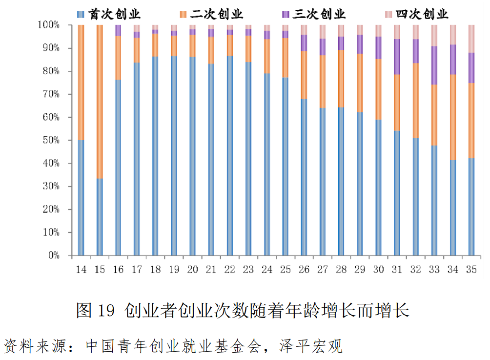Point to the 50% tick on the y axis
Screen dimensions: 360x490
click(51, 141)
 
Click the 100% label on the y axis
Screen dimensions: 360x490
click(49, 25)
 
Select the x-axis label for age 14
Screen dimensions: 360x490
click(81, 269)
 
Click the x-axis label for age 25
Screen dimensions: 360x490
click(286, 269)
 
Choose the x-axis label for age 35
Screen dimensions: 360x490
click(471, 269)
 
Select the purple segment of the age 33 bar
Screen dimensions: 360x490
click(434, 65)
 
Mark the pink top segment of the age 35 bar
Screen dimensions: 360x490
click(471, 39)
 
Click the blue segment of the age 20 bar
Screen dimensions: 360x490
click(193, 156)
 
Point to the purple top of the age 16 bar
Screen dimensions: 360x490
click(118, 30)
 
